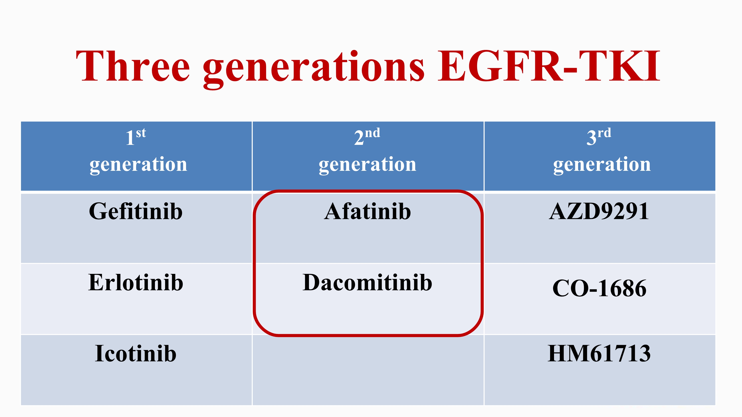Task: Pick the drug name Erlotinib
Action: coord(136,282)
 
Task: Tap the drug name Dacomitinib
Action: coord(368,282)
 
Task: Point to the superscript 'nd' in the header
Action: coord(372,133)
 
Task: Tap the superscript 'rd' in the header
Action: coord(604,133)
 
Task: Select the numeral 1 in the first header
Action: coord(130,138)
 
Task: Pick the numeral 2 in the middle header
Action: coord(359,138)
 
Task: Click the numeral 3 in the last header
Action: coord(591,138)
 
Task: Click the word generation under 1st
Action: coord(139,165)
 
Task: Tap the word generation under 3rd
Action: coord(602,165)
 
